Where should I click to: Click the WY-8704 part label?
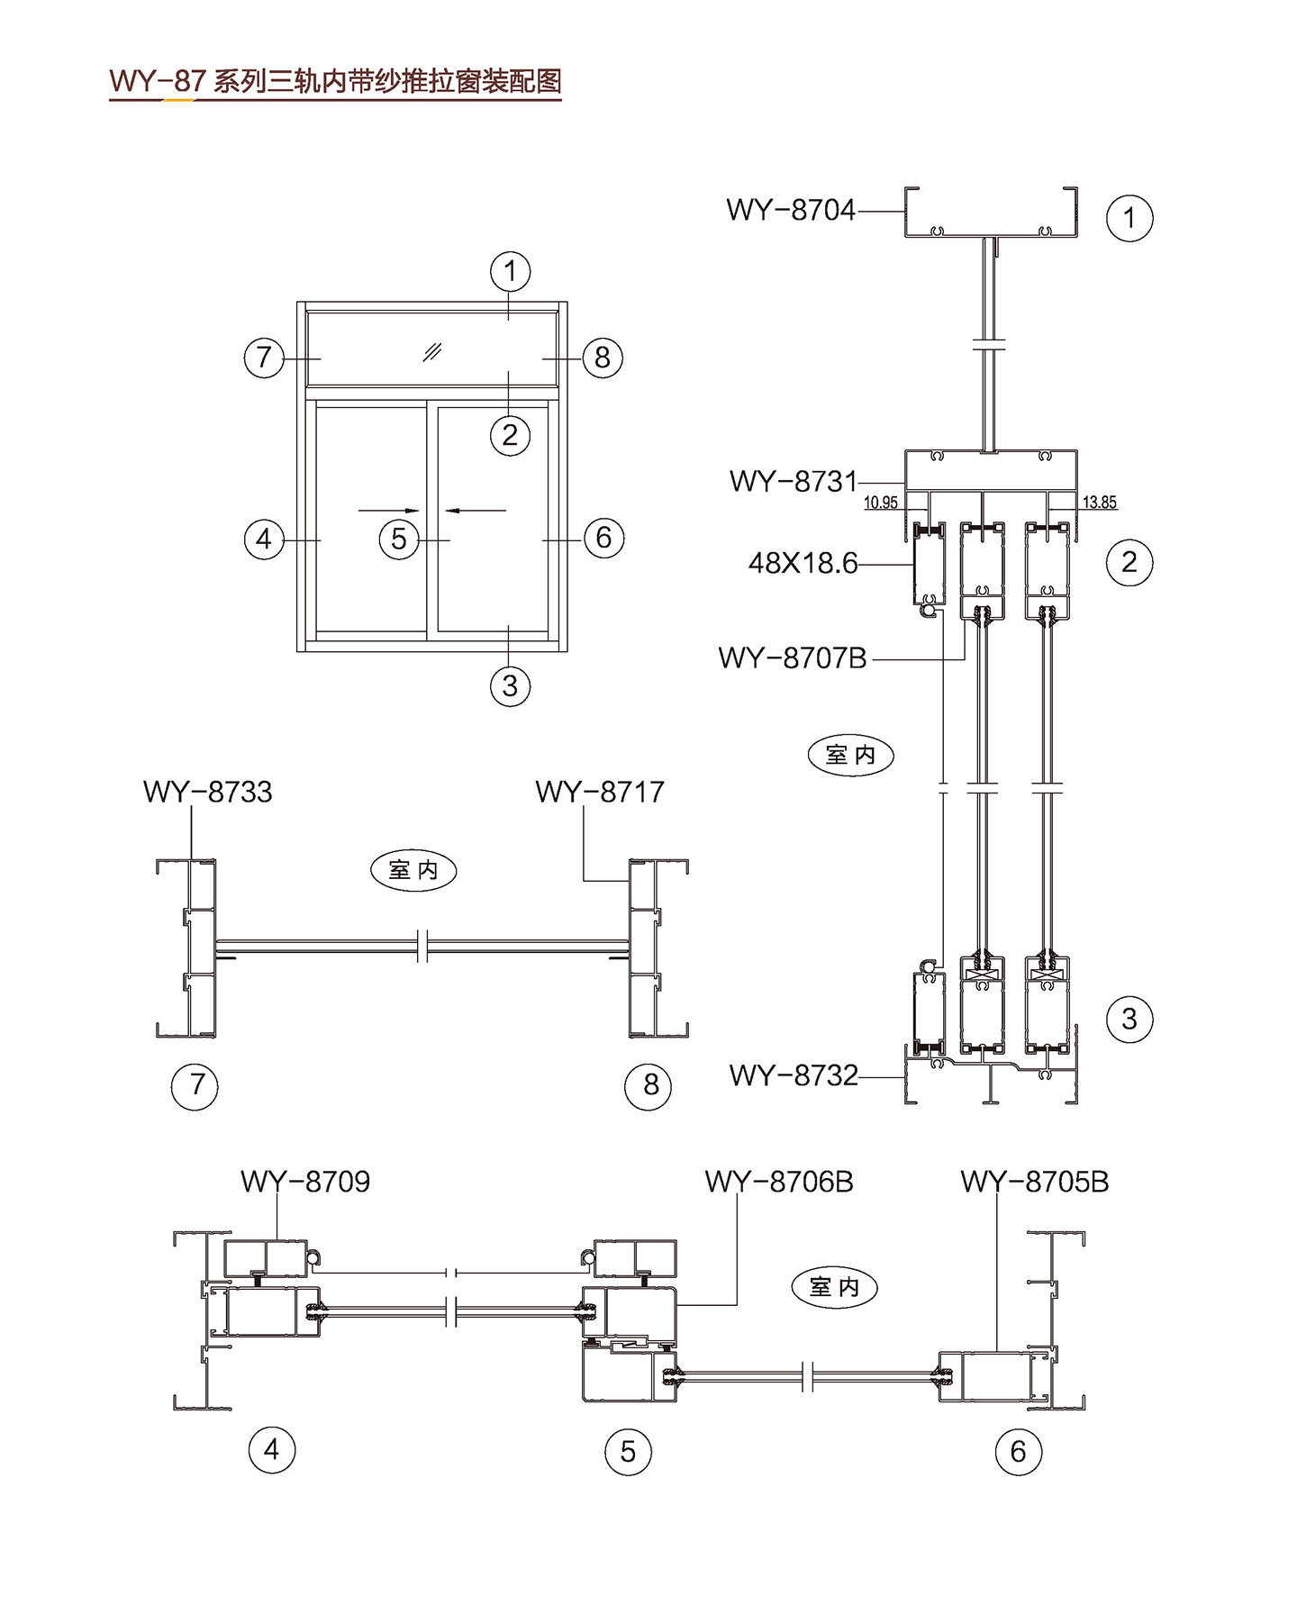click(x=790, y=210)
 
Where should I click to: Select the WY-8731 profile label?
click(x=793, y=481)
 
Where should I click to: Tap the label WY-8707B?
click(x=792, y=658)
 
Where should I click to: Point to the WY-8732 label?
click(x=793, y=1074)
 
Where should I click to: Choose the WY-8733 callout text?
click(x=207, y=792)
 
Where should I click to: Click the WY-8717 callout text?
click(x=599, y=792)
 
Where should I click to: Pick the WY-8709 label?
click(x=305, y=1181)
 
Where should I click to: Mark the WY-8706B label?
click(x=778, y=1181)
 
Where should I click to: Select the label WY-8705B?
click(x=1034, y=1181)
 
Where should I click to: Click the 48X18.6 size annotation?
click(x=803, y=564)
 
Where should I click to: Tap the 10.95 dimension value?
click(x=880, y=503)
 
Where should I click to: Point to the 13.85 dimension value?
click(x=1099, y=503)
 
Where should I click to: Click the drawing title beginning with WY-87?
click(x=335, y=82)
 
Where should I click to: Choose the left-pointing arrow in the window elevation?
click(x=476, y=511)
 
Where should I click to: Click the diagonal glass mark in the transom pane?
click(x=432, y=351)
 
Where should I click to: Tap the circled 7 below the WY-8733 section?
click(x=195, y=1084)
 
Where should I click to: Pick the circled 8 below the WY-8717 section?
click(x=648, y=1085)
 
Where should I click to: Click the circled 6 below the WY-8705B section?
click(x=1019, y=1451)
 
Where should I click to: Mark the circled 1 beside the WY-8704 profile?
click(x=1129, y=218)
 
